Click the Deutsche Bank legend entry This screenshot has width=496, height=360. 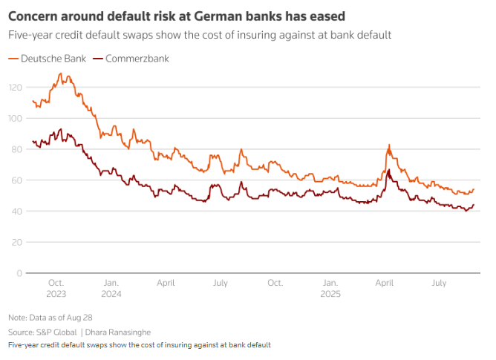(x=46, y=58)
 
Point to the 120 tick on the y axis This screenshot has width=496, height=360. (x=15, y=88)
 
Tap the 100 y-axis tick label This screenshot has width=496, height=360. (x=15, y=119)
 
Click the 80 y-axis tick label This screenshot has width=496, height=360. (x=16, y=149)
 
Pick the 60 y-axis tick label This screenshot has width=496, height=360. (x=16, y=180)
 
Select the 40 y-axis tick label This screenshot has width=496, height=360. (x=16, y=212)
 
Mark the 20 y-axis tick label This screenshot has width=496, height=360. (x=16, y=242)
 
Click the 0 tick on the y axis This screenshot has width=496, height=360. (x=19, y=273)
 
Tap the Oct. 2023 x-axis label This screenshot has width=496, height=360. (x=56, y=287)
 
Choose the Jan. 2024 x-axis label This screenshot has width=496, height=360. (x=111, y=287)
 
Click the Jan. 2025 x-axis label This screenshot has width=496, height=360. (x=330, y=287)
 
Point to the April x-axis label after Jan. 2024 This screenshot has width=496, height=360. (x=166, y=283)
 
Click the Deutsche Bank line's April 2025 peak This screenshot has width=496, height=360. (x=389, y=145)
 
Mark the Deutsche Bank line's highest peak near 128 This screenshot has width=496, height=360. (x=60, y=74)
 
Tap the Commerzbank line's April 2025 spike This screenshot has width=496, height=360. (x=389, y=170)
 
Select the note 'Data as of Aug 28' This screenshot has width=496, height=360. (x=50, y=317)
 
